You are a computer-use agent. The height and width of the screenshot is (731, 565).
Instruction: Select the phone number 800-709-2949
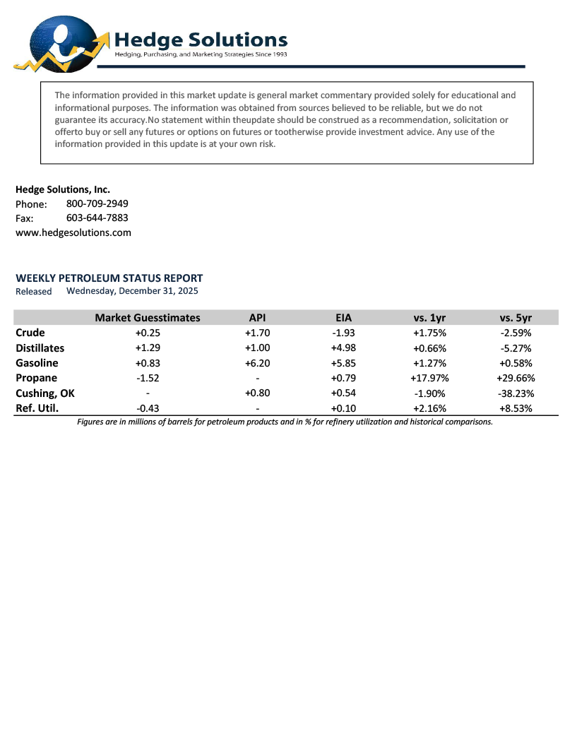point(97,203)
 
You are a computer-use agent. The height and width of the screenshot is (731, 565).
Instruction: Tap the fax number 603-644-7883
point(97,218)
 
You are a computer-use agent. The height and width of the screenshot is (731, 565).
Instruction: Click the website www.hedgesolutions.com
point(73,232)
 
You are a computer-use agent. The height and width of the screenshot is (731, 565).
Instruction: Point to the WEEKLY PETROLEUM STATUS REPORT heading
point(109,278)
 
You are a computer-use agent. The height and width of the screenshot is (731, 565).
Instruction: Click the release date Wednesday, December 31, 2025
point(132,290)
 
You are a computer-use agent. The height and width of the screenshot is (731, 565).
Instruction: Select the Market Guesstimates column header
point(148,318)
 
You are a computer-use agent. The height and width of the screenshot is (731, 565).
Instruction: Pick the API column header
point(258,318)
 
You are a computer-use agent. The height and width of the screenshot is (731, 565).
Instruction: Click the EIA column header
point(343,318)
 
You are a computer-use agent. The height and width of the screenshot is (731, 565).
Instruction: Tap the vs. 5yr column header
point(515,318)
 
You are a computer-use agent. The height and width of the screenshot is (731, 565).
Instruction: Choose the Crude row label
point(30,333)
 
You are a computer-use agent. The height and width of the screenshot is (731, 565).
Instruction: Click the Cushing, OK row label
point(45,393)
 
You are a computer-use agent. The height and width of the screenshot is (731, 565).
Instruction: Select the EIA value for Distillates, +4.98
point(343,348)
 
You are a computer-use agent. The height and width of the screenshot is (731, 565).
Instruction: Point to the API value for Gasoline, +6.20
point(258,363)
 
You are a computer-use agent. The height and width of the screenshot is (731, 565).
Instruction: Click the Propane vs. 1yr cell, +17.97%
point(429,378)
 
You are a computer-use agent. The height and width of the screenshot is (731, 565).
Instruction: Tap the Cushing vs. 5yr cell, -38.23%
point(515,393)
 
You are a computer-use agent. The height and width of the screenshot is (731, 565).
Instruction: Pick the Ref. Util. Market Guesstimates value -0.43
point(147,408)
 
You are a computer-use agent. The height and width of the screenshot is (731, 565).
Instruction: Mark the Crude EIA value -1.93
point(343,333)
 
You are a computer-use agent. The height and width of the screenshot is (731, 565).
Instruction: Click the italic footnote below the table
point(285,422)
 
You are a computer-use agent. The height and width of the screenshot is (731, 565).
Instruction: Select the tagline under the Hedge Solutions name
point(201,54)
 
